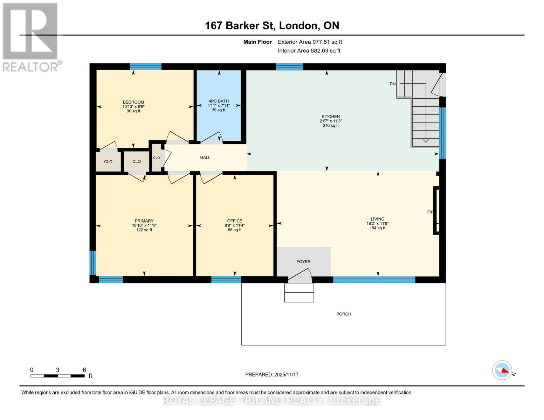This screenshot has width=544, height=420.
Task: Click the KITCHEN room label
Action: pyautogui.click(x=331, y=117)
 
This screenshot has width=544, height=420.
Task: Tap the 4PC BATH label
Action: pyautogui.click(x=218, y=101)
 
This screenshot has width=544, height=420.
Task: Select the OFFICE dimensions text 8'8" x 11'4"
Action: pyautogui.click(x=234, y=225)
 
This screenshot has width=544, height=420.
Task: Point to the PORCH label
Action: pyautogui.click(x=343, y=314)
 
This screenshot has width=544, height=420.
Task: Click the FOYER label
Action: pyautogui.click(x=303, y=261)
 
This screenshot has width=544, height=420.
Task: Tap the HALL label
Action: pyautogui.click(x=205, y=157)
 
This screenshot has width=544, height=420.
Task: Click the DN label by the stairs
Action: pyautogui.click(x=392, y=84)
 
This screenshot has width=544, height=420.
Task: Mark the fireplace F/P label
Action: pyautogui.click(x=430, y=212)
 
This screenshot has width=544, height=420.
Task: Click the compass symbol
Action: pyautogui.click(x=502, y=370)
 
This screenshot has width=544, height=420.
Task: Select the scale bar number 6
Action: pyautogui.click(x=84, y=370)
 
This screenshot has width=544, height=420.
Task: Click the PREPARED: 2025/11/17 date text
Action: pyautogui.click(x=271, y=374)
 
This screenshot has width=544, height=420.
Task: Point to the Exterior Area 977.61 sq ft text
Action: pyautogui.click(x=310, y=42)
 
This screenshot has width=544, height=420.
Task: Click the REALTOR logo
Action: pyautogui.click(x=31, y=37)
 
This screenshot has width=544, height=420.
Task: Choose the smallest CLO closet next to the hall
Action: pyautogui.click(x=156, y=157)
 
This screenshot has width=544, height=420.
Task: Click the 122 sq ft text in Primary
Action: pyautogui.click(x=144, y=230)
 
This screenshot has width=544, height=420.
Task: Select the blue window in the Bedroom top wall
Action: pyautogui.click(x=145, y=66)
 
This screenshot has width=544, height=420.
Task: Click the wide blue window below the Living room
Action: pyautogui.click(x=374, y=279)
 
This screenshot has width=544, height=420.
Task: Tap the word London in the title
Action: pyautogui.click(x=299, y=26)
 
